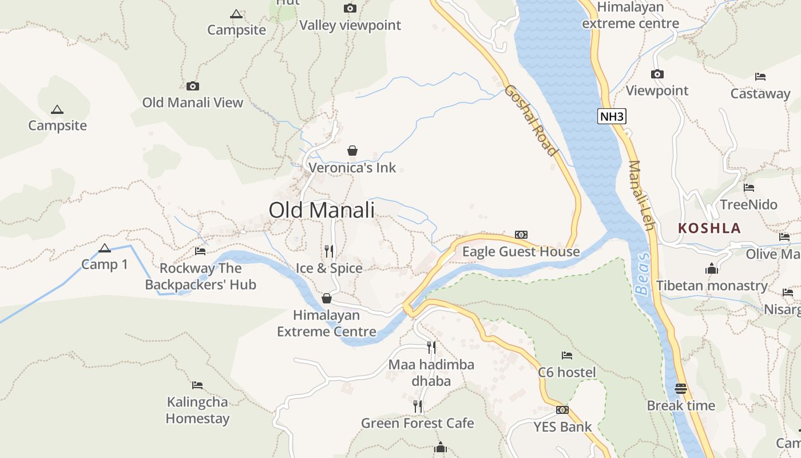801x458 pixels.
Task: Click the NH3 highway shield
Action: point(612,117)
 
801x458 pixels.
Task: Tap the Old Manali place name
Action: point(322,210)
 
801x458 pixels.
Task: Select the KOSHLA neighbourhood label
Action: point(709,228)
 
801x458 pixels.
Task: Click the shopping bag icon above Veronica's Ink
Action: point(352,151)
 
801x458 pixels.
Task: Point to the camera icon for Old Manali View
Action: point(193,86)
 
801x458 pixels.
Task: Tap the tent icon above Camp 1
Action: point(104,248)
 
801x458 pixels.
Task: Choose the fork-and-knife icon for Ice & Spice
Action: point(329,251)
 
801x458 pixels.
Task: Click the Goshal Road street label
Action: point(530,120)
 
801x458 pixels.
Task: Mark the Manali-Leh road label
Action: point(641,195)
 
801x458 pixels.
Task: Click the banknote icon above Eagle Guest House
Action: point(521,235)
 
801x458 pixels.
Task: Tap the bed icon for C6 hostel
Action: point(567,356)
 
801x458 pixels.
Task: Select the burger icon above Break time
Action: point(681,389)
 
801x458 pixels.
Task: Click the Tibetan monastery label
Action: point(712,285)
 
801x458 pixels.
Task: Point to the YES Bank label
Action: point(563,427)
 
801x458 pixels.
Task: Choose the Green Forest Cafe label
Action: point(417,423)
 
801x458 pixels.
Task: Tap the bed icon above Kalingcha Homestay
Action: point(197,385)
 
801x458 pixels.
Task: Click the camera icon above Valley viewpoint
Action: point(350,8)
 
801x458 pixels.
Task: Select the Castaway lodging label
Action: point(760,93)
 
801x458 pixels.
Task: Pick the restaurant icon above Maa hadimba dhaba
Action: point(431,347)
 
